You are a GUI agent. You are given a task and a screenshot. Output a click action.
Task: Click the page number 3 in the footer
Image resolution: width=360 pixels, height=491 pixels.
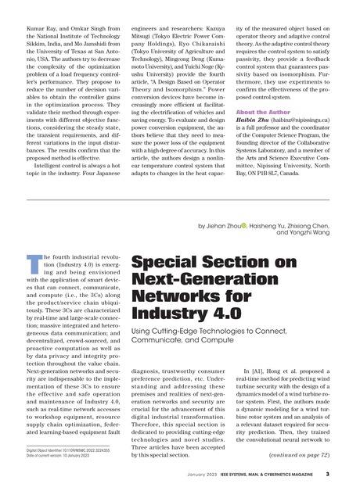tap(327, 474)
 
